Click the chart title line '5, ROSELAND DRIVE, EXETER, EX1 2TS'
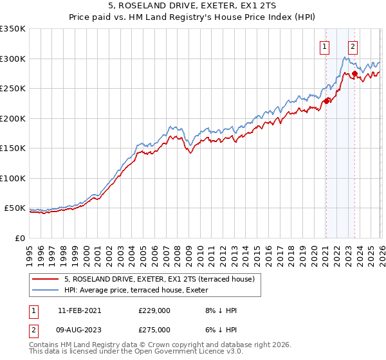[x=192, y=7]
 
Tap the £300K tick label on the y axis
[x=13, y=59]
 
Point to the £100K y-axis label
[x=13, y=178]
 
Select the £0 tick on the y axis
[x=19, y=238]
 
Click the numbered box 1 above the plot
[x=326, y=46]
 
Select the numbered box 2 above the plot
[x=353, y=46]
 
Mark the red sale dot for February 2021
[x=326, y=100]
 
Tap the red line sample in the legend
[x=46, y=279]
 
